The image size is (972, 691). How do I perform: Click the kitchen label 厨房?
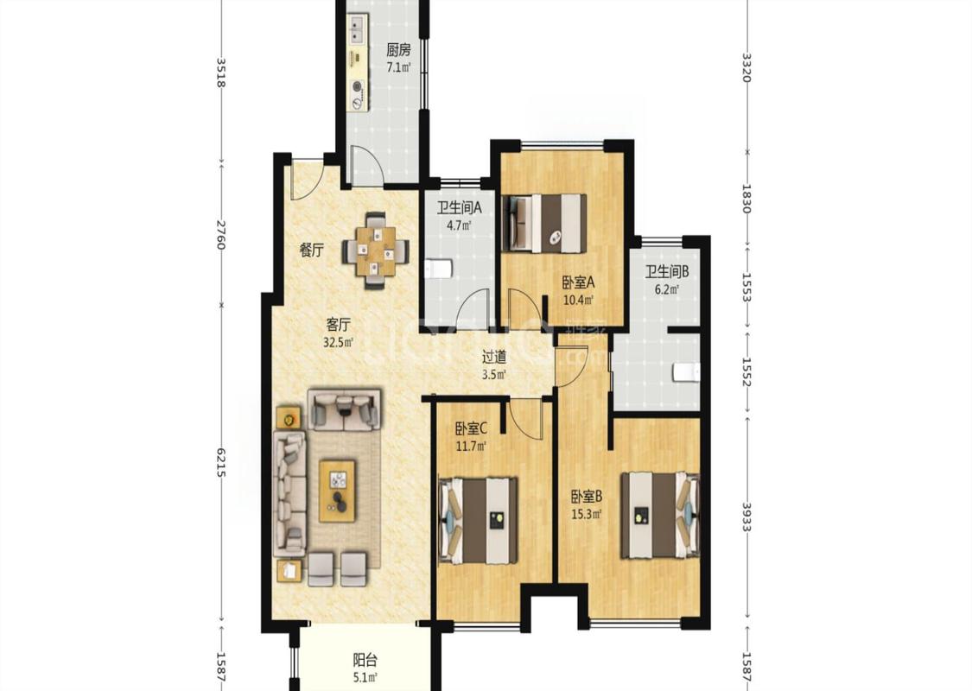tap(398, 49)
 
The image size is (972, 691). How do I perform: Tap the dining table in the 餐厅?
tap(376, 251)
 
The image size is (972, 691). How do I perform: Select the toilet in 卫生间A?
tap(440, 269)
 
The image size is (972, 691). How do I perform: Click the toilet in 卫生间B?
tap(686, 371)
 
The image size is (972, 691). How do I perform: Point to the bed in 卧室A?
tap(545, 224)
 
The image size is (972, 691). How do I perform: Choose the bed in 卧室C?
tap(479, 521)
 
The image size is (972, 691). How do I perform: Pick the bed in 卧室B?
tap(660, 516)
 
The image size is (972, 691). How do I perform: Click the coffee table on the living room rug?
tap(337, 491)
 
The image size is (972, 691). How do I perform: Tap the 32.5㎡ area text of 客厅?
tap(339, 342)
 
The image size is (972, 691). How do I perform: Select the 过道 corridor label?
tap(495, 357)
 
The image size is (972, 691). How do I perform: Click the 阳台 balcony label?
tap(365, 660)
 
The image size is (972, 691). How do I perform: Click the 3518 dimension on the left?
tap(221, 73)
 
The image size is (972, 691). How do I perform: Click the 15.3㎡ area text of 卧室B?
tap(587, 514)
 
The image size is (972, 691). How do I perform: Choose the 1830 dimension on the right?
tap(746, 199)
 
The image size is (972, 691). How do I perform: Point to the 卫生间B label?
tap(667, 271)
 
